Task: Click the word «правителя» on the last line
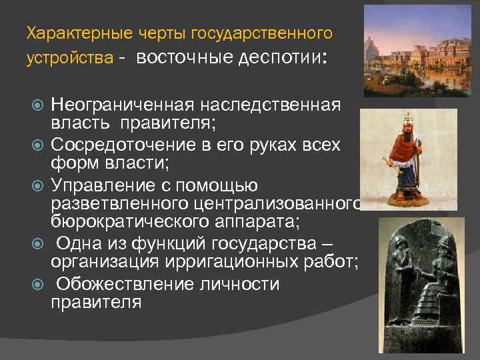96,301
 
